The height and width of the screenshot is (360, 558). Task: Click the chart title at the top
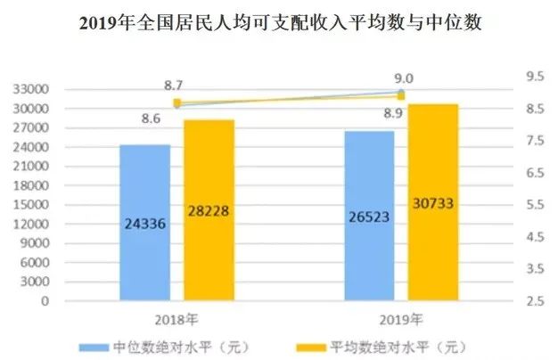click(x=280, y=22)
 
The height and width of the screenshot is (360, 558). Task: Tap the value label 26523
click(x=369, y=218)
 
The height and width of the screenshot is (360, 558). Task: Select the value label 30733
click(x=433, y=203)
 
